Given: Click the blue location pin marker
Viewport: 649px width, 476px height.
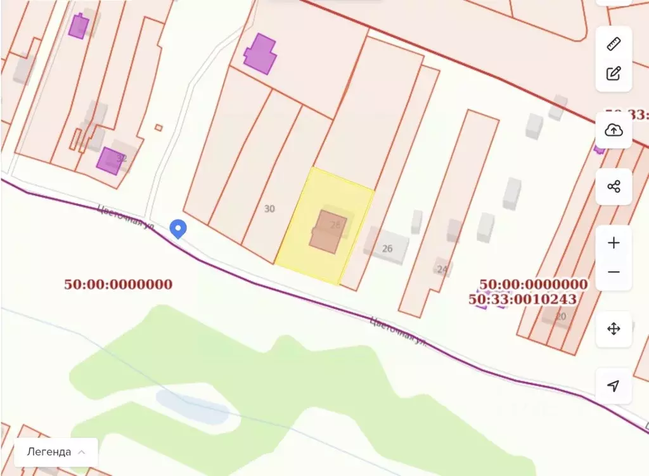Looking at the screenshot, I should click(x=179, y=228).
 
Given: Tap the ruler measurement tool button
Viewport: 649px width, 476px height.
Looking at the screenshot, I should click(x=614, y=44).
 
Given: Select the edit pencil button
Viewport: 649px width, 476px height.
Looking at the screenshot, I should click(x=614, y=73).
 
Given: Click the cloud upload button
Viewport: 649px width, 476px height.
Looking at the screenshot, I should click(x=614, y=130).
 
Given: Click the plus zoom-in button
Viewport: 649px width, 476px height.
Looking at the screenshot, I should click(x=614, y=243).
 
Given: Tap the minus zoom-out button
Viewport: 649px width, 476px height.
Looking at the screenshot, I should click(x=614, y=272).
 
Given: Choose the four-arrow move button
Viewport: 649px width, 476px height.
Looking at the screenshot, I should click(x=614, y=329).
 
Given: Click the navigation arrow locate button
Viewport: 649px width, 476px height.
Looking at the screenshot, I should click(x=614, y=386).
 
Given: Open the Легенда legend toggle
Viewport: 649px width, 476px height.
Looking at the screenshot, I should click(x=56, y=452).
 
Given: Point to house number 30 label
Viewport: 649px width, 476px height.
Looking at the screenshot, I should click(x=269, y=209).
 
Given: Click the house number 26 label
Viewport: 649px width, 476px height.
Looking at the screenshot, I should click(x=387, y=248).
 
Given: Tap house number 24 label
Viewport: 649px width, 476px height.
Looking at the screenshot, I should click(x=442, y=269).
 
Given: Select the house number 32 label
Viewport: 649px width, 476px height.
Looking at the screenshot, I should click(x=122, y=158).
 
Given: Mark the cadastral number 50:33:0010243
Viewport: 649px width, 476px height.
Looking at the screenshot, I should click(x=523, y=299).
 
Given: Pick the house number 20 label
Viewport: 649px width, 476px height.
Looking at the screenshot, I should click(x=560, y=316).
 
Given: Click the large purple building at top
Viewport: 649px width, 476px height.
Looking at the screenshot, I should click(x=260, y=54).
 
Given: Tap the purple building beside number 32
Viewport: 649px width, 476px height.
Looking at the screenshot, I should click(x=108, y=160).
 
